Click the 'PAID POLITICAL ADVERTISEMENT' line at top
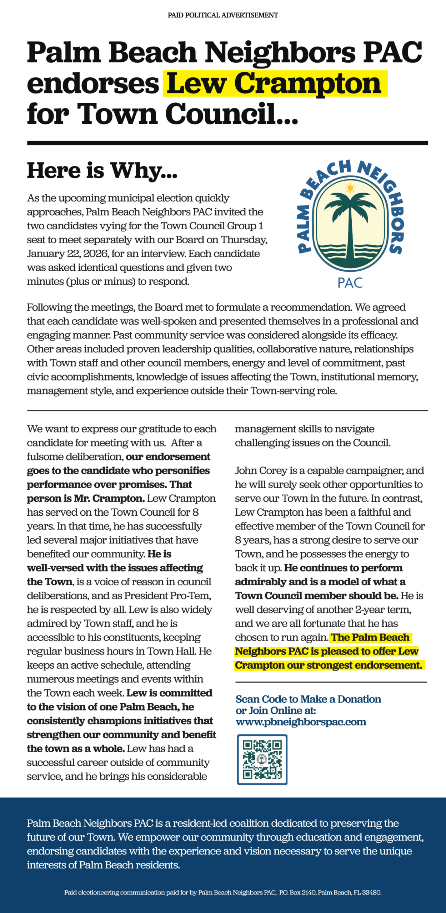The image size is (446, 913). pos(223,15)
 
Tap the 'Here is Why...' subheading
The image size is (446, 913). pos(102,170)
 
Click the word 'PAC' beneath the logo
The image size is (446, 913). pos(350,283)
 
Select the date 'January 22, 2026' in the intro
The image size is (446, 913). pos(67,254)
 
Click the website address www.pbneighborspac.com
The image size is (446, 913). pos(301,722)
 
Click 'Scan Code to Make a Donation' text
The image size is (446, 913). pos(308,699)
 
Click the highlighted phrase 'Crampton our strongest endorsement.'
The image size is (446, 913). pos(328,665)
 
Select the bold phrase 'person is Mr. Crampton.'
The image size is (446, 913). pos(86,498)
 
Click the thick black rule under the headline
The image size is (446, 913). pos(227,143)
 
